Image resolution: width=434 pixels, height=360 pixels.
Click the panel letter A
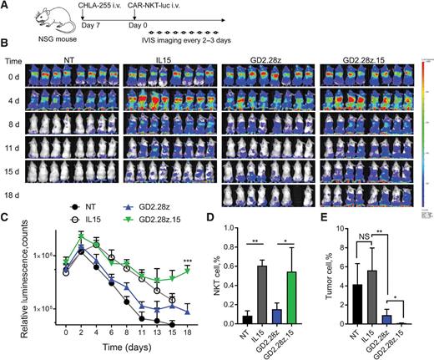(x=6, y=6)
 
